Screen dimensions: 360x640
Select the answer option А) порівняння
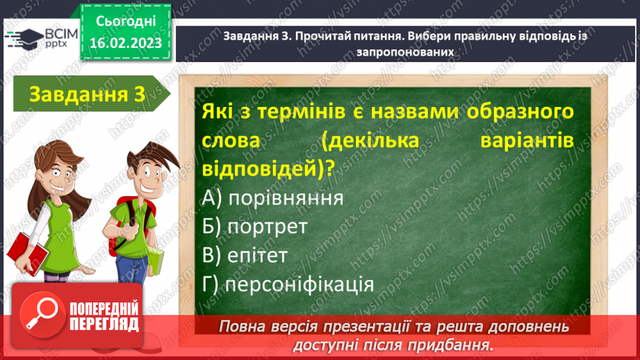click(x=274, y=198)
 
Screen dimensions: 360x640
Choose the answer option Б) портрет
click(x=255, y=227)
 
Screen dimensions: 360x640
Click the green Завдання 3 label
click(x=81, y=95)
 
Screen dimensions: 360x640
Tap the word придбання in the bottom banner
click(x=454, y=344)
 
